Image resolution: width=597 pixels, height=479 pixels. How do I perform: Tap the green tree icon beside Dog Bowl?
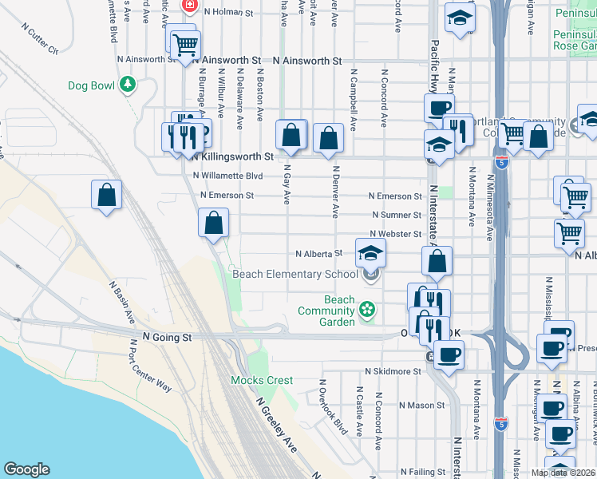127,85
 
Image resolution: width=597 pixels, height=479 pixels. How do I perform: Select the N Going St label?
168,338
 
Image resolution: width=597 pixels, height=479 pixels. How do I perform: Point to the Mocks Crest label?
262,380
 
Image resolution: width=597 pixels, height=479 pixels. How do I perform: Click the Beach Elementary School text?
295,275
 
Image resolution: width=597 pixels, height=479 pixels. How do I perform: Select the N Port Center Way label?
151,367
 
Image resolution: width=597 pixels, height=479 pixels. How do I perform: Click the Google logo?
26,469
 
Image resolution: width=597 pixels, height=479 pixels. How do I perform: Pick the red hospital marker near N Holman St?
190,6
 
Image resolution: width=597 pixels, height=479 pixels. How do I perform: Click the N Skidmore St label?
393,371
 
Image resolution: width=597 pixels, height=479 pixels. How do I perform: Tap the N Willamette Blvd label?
227,176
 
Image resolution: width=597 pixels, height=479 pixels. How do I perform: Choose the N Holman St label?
228,13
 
